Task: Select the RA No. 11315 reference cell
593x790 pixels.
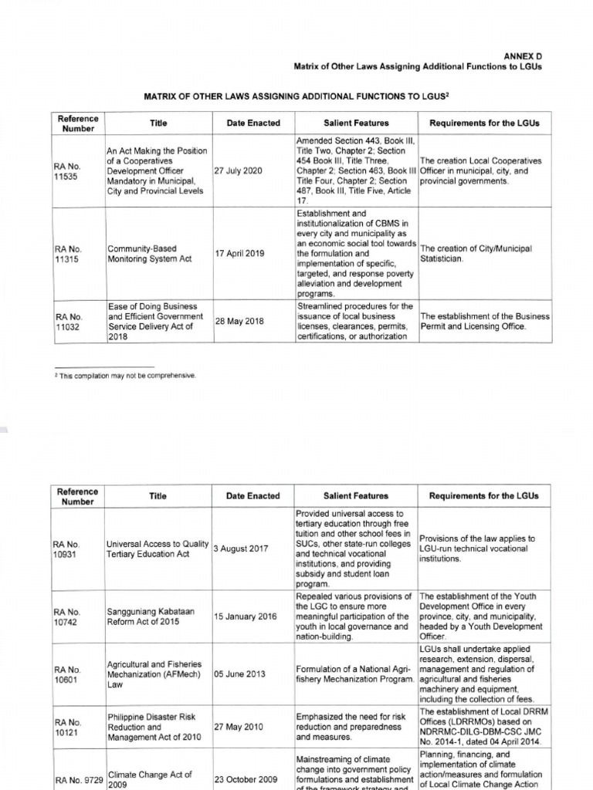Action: click(x=68, y=254)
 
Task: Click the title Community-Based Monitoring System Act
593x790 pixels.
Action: click(x=142, y=254)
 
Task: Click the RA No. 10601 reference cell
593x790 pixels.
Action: click(x=68, y=674)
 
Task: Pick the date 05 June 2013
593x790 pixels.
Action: click(x=240, y=674)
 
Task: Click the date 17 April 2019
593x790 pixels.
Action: click(x=239, y=254)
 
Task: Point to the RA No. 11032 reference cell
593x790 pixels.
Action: click(x=68, y=321)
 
